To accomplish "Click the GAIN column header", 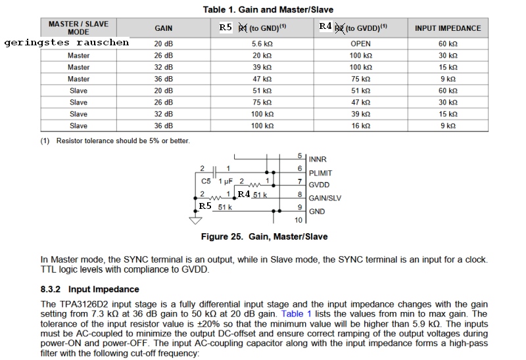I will tap(164, 28).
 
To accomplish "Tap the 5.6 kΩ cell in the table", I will tap(261, 43).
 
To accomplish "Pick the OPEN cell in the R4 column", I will tap(360, 43).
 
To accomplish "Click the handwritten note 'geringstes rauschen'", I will tap(66, 43).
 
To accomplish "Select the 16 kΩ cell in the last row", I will tap(360, 125).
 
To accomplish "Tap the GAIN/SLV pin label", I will tap(325, 198).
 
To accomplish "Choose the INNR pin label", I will tap(317, 160).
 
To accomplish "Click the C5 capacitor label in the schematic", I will tap(206, 180).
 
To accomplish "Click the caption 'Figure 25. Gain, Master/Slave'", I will tap(264, 236).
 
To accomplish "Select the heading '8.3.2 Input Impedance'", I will tap(89, 289).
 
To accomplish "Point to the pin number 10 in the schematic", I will tap(299, 221).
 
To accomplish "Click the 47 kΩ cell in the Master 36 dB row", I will tap(261, 79).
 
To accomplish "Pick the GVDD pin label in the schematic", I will tap(319, 185).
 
